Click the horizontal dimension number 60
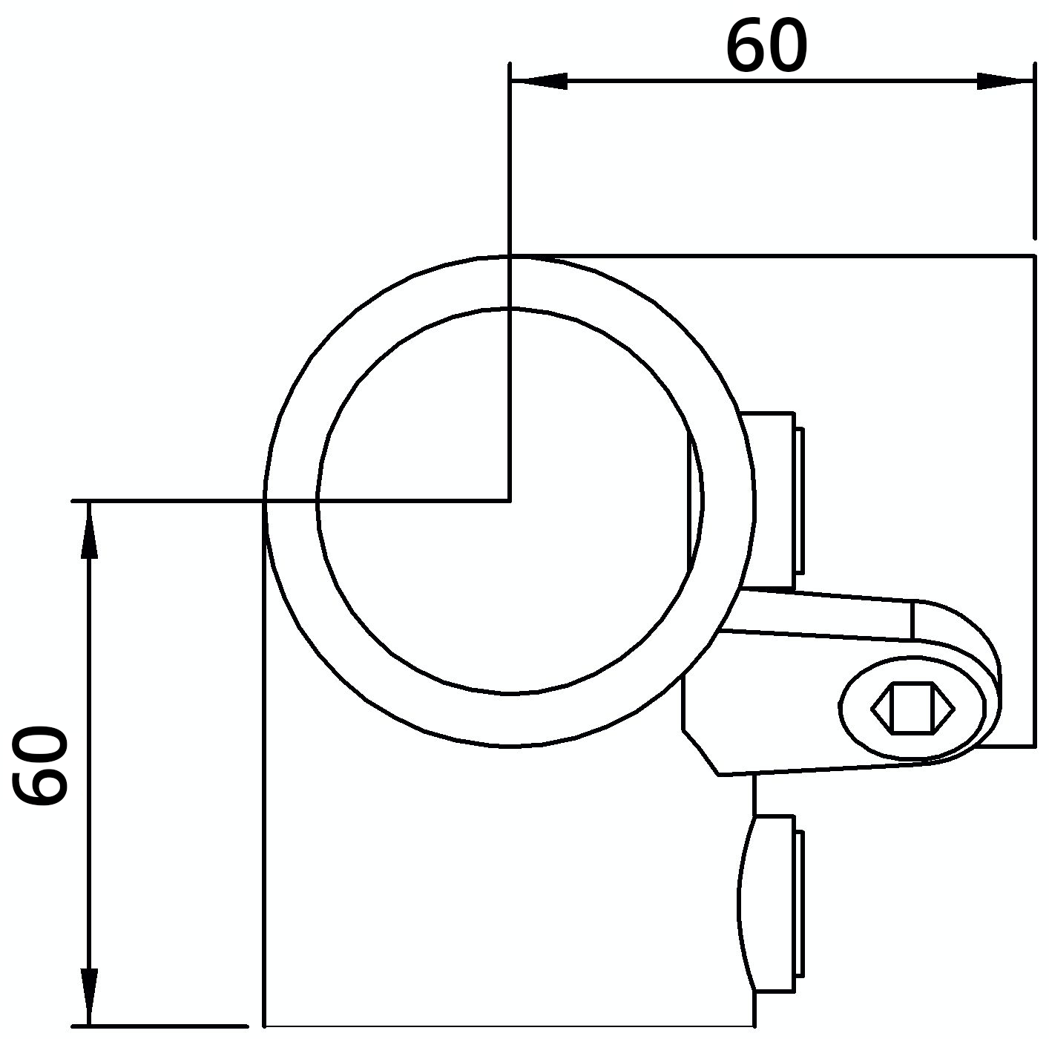[766, 47]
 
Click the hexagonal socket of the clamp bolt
[912, 708]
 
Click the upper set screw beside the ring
[768, 501]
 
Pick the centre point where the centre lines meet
[510, 501]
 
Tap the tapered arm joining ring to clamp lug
[816, 614]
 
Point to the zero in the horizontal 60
[785, 47]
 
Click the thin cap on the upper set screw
[799, 501]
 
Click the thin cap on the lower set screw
[799, 903]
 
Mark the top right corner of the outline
[1034, 255]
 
